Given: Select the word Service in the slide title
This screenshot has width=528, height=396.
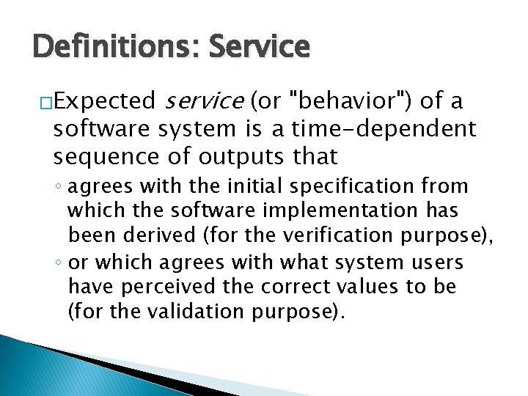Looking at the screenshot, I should tap(259, 46).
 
